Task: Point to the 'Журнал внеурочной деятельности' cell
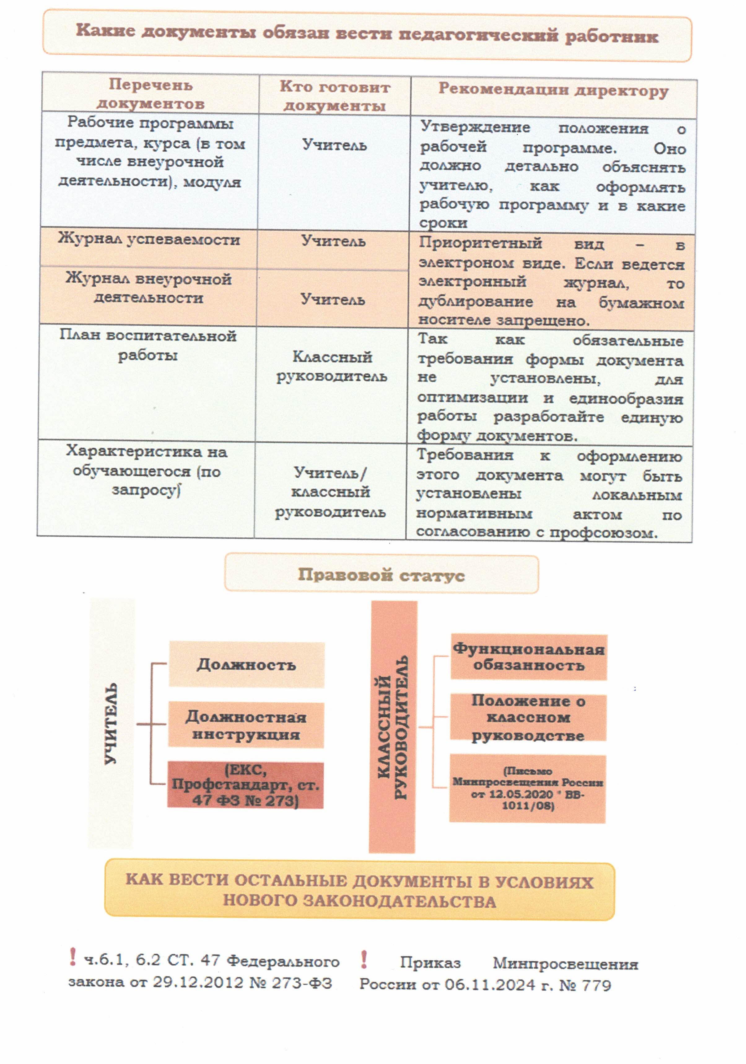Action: point(148,288)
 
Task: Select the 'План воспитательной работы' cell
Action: point(147,345)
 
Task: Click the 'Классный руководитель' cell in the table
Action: point(332,366)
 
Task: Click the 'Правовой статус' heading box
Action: point(381,575)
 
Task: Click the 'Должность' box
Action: point(246,664)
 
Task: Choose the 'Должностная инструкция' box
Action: point(246,725)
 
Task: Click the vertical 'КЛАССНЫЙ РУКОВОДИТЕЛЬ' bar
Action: point(393,727)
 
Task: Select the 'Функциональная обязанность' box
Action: point(529,657)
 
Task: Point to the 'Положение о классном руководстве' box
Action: point(528,717)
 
